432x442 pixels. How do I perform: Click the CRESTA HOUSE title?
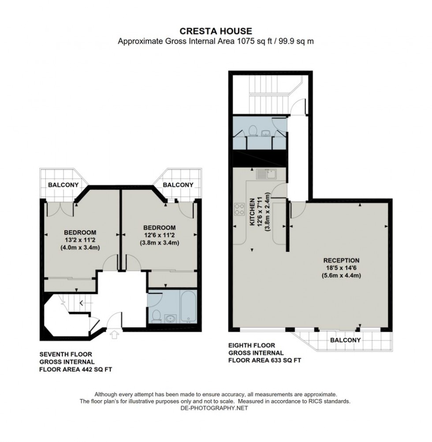pyautogui.click(x=216, y=31)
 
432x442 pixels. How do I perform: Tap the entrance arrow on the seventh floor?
pyautogui.click(x=114, y=335)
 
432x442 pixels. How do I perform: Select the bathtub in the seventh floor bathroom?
pyautogui.click(x=188, y=307)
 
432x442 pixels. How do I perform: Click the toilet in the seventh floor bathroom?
pyautogui.click(x=156, y=316)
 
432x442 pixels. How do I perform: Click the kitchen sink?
pyautogui.click(x=266, y=174)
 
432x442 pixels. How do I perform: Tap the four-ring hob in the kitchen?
pyautogui.click(x=239, y=209)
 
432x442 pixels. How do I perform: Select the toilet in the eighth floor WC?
pyautogui.click(x=253, y=131)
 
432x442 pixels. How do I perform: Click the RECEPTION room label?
pyautogui.click(x=341, y=260)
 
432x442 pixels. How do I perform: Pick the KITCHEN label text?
pyautogui.click(x=252, y=212)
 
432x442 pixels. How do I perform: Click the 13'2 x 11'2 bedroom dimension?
pyautogui.click(x=80, y=240)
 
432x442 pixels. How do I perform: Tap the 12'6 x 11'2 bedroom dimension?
pyautogui.click(x=160, y=235)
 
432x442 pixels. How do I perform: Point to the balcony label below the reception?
pyautogui.click(x=345, y=340)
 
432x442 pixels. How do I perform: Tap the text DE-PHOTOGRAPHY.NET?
pyautogui.click(x=214, y=408)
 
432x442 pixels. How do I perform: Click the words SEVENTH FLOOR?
pyautogui.click(x=66, y=354)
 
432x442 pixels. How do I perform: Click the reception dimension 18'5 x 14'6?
pyautogui.click(x=341, y=268)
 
